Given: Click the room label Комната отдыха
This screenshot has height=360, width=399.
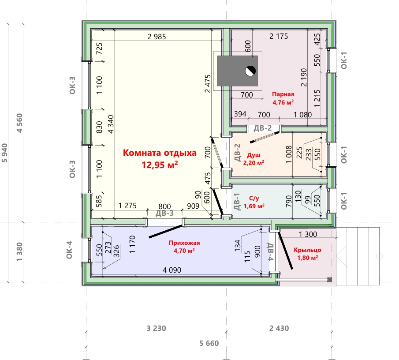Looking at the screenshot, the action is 160,153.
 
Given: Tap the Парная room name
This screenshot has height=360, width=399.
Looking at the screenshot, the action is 283,94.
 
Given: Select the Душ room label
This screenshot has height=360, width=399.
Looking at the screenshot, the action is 254,155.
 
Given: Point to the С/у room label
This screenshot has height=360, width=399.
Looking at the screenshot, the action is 254,199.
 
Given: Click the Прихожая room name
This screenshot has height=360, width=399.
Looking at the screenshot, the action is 184,243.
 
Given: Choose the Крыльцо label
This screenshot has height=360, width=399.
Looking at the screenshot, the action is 307,250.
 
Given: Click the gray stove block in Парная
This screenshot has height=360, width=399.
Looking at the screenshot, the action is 238,71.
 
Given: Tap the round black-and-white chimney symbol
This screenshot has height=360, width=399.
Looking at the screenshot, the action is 250,71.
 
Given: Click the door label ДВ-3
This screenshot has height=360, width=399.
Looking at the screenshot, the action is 164,213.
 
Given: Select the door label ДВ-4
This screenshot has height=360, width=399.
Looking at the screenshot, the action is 270,251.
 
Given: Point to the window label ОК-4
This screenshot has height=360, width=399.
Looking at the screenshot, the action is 69,250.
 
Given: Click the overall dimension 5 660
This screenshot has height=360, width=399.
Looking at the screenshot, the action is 209,343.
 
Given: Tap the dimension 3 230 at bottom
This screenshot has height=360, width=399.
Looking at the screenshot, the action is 156,328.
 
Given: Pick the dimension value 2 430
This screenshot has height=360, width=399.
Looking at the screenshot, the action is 279,328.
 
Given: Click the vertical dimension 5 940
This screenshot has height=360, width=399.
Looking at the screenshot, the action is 4,153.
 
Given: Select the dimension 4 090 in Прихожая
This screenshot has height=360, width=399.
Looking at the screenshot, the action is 172,270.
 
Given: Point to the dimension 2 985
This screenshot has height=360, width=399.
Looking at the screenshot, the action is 157,37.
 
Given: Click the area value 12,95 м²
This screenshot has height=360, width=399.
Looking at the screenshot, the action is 160,165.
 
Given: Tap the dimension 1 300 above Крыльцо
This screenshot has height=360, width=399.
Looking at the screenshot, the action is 308,234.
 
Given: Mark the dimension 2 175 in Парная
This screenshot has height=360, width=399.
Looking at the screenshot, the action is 279,37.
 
